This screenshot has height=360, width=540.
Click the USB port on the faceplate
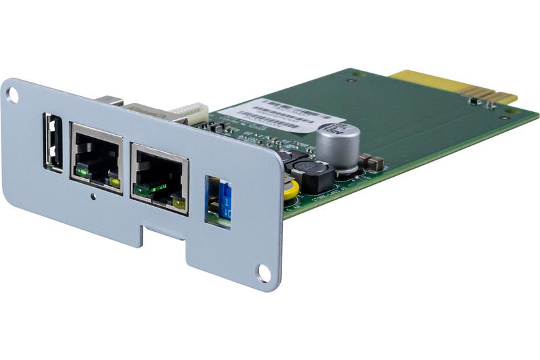(x=53, y=143)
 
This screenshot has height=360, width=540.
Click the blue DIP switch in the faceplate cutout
(x=225, y=200)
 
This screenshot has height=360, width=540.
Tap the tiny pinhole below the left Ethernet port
(x=94, y=196)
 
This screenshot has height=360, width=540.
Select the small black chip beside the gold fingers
(x=472, y=101)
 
